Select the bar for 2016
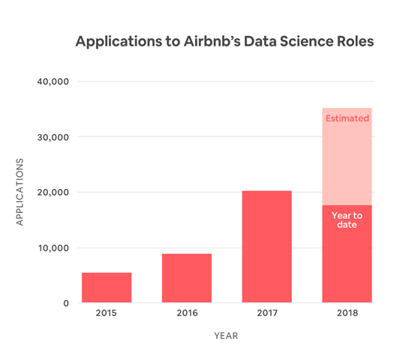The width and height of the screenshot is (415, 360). (187, 278)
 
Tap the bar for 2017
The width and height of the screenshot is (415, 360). (266, 247)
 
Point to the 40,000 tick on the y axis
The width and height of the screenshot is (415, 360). (53, 82)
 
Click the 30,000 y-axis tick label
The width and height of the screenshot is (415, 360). (53, 137)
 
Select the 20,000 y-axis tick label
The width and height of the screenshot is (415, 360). (53, 193)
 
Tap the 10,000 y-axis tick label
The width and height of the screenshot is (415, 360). (53, 248)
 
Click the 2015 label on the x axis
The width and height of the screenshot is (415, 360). (107, 314)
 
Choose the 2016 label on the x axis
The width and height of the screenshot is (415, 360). (187, 314)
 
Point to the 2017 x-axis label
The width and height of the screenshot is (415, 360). (266, 314)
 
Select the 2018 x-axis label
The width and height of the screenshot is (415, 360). (347, 314)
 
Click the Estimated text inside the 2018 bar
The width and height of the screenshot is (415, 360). (347, 118)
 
